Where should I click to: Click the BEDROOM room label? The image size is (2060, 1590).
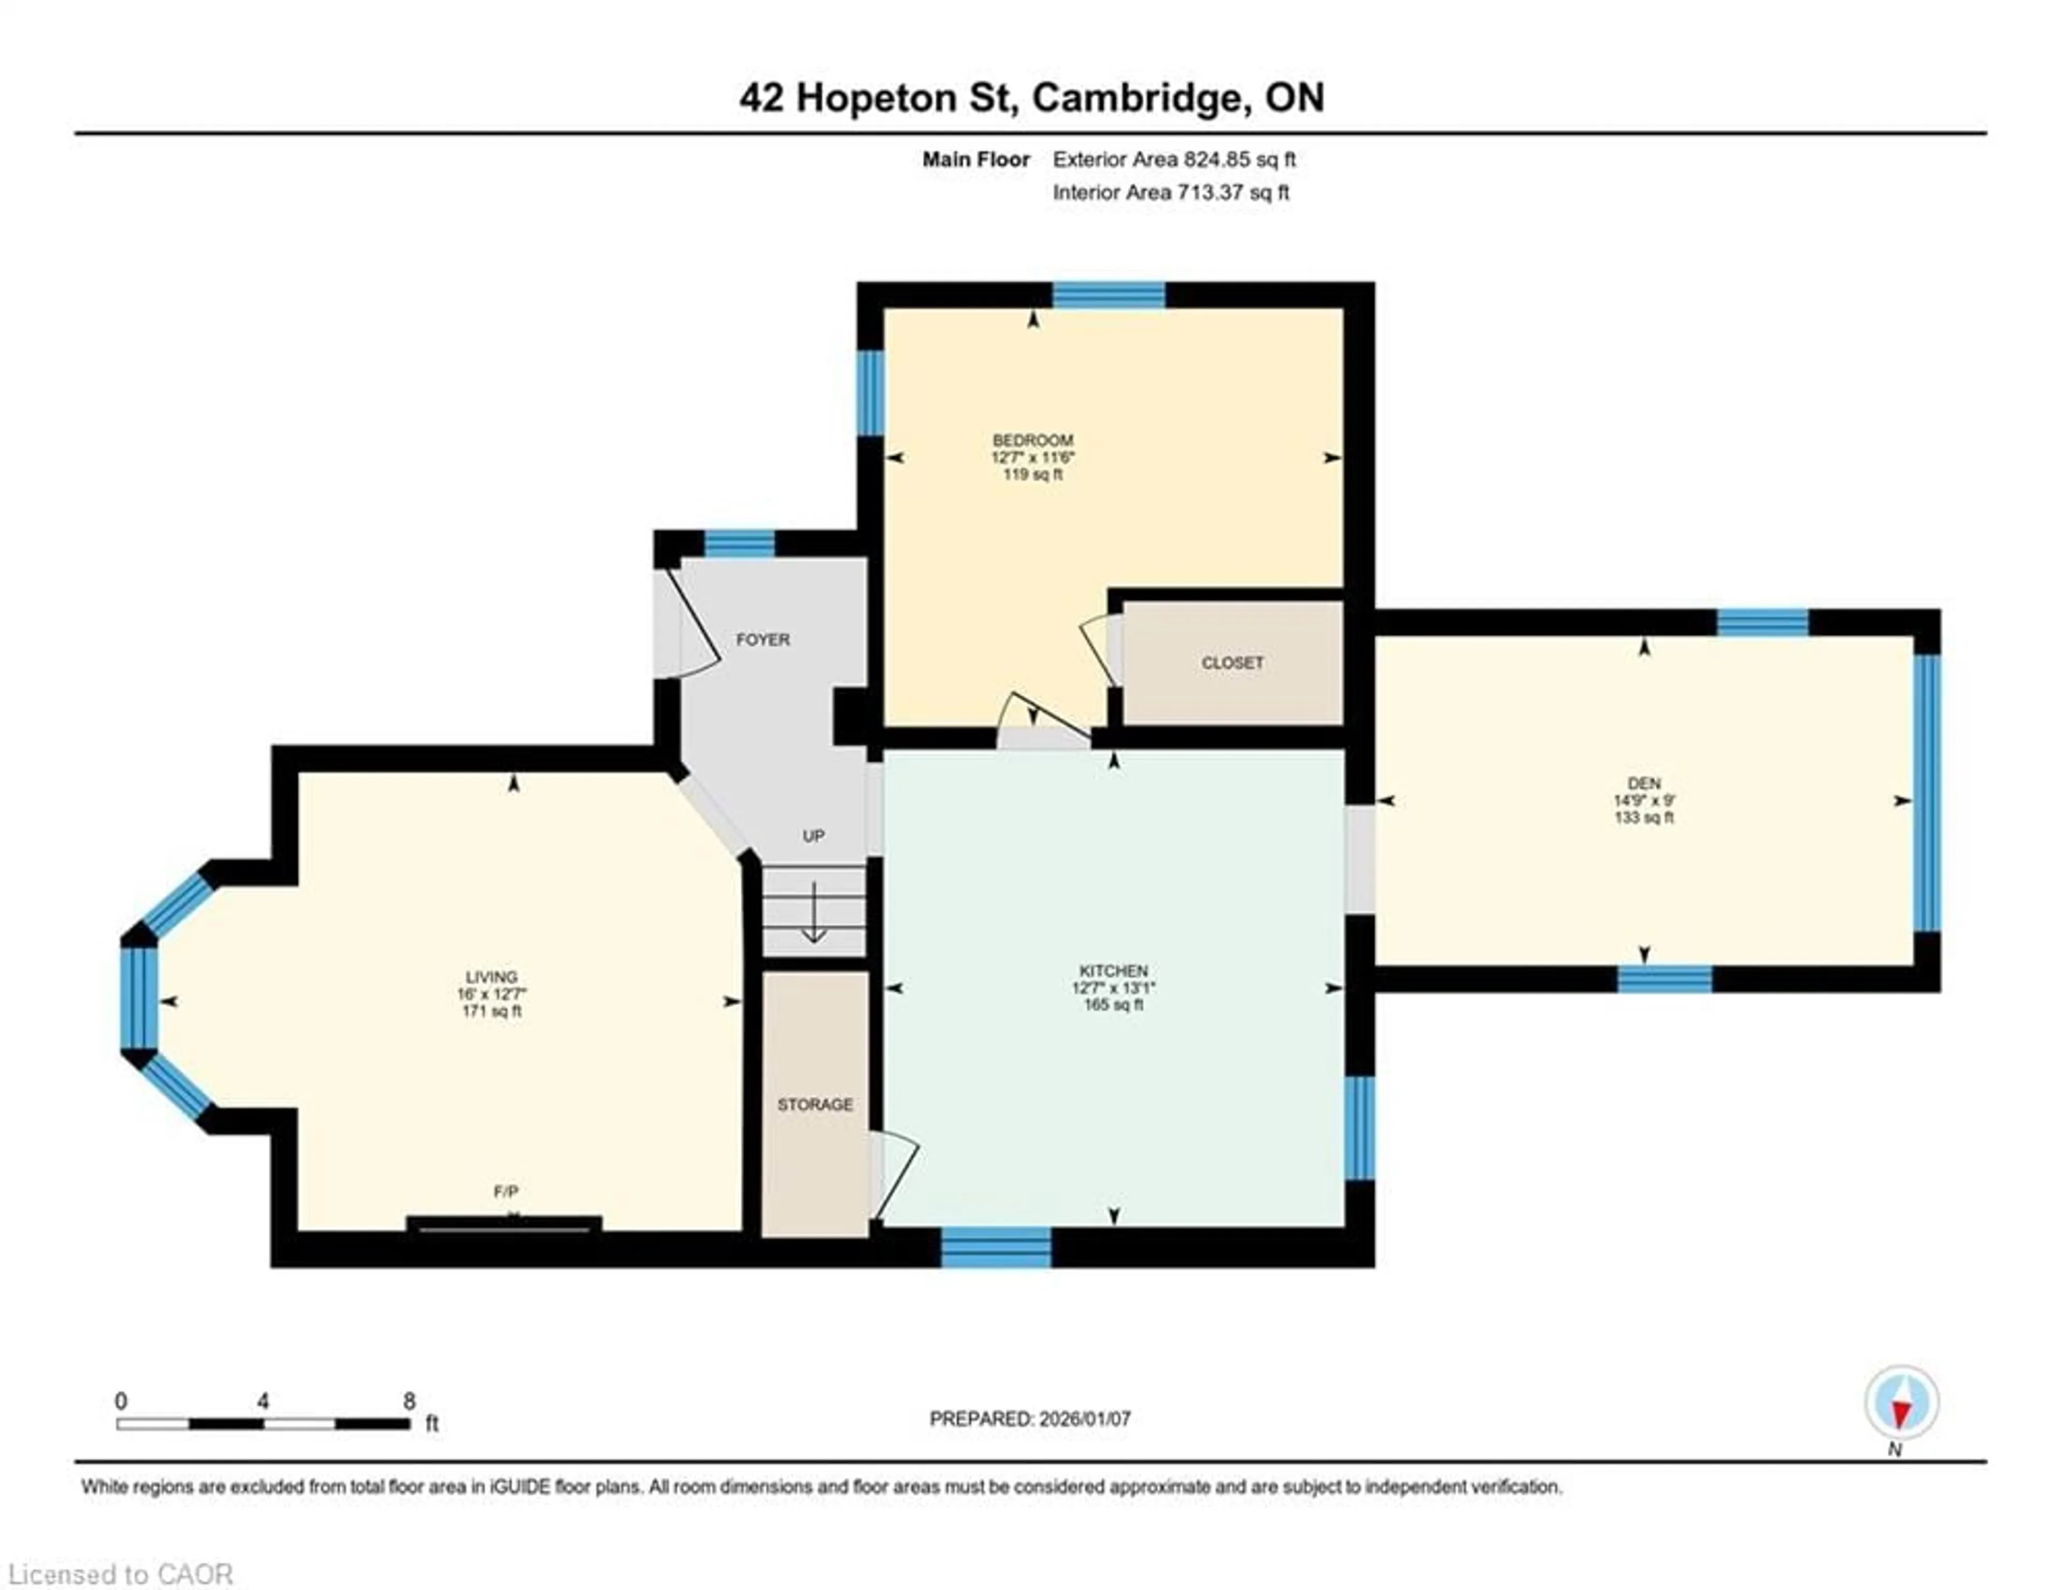(x=1032, y=440)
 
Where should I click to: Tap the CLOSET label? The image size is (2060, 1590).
(x=1232, y=663)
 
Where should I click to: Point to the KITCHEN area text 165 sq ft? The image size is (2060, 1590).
(x=1113, y=1005)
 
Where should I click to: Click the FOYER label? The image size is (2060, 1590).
(x=762, y=639)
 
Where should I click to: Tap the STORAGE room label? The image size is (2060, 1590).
(x=815, y=1105)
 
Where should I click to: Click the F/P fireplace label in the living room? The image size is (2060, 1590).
(x=505, y=1192)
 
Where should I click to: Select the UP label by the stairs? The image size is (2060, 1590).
(x=813, y=836)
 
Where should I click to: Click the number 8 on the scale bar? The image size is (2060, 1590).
(x=409, y=1401)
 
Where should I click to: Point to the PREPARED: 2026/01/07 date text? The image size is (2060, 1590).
(x=1030, y=1418)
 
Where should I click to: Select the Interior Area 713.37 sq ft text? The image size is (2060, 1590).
(x=1171, y=193)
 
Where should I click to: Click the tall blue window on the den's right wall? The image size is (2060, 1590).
(x=1927, y=792)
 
